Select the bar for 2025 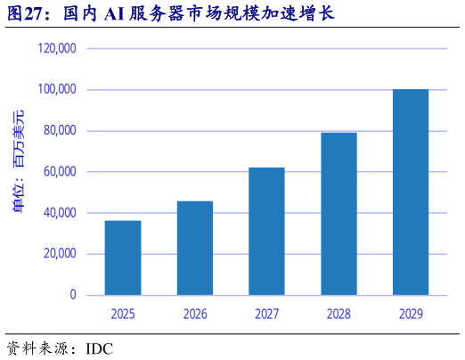123,258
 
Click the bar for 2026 195,248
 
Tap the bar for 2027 266,231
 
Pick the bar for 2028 339,214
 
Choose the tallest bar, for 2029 411,192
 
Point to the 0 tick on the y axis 73,295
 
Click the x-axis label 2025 123,314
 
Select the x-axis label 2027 266,314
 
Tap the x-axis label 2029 411,314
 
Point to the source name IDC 101,347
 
